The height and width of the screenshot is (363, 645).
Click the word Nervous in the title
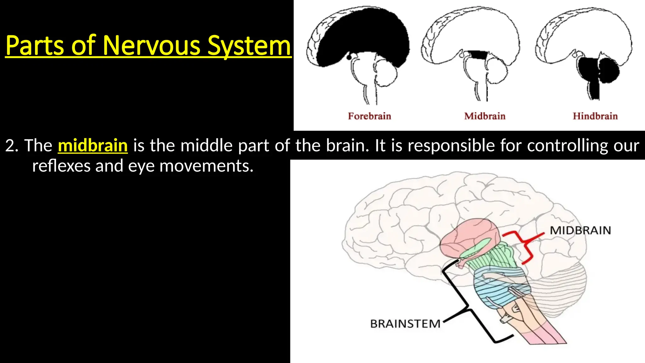pos(152,46)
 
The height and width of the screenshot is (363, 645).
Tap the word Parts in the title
pos(35,46)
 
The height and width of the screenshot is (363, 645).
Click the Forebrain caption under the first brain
pos(369,116)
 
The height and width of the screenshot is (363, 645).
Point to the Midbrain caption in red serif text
pos(485,116)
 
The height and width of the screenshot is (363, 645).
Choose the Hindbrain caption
pos(595,116)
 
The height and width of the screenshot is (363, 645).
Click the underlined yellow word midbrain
pos(93,146)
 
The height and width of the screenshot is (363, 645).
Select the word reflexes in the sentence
pos(61,166)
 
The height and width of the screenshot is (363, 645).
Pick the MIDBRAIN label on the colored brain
pos(580,230)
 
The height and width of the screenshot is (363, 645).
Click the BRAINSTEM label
pos(405,324)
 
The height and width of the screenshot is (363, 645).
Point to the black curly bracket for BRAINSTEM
pos(469,302)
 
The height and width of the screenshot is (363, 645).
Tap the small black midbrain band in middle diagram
pos(477,55)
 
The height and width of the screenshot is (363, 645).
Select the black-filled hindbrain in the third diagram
pos(598,71)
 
